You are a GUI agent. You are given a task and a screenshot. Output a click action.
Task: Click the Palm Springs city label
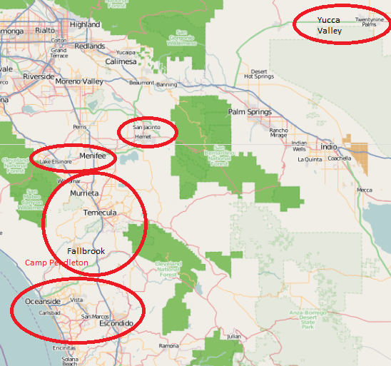250,112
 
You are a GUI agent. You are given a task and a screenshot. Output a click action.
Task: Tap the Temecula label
100,213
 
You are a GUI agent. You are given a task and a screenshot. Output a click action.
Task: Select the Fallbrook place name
86,251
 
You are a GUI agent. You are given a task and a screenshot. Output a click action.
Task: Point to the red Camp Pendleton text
56,263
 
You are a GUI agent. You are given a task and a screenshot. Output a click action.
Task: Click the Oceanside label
43,301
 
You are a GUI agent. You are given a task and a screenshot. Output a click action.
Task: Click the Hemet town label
143,136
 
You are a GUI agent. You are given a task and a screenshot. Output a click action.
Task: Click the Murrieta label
85,193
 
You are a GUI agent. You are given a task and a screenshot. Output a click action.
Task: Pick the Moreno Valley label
79,81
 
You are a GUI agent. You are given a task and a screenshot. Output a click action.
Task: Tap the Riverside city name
39,76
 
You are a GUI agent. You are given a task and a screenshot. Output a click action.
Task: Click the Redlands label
90,46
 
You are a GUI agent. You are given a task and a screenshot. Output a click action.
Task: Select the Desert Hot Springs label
259,73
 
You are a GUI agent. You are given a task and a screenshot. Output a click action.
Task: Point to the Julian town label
233,335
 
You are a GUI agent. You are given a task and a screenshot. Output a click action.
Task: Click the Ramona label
169,345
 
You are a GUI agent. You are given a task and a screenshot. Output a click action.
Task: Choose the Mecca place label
365,190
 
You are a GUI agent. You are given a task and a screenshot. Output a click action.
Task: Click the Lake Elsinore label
56,162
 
